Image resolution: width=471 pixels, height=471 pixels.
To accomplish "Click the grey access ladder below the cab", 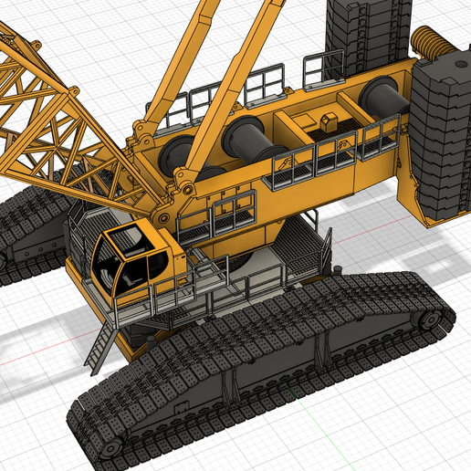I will click(101, 348).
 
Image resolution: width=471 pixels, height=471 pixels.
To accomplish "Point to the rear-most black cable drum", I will click(379, 95).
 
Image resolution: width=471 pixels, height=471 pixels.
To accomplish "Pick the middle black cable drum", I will click(246, 137).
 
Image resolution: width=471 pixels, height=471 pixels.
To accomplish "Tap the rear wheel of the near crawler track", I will click(427, 320).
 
